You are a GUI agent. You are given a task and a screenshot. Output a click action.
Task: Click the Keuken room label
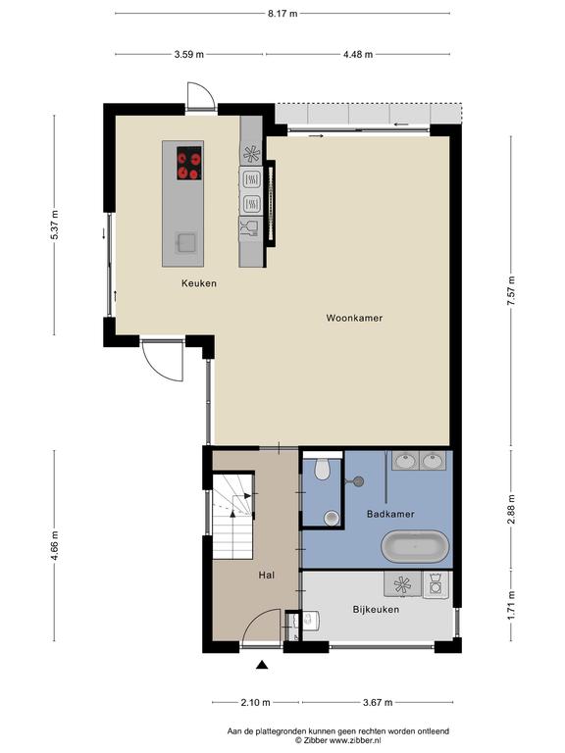[199, 283]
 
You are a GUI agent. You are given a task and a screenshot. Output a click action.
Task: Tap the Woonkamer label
[354, 318]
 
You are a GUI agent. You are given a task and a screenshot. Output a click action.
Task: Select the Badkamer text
[390, 514]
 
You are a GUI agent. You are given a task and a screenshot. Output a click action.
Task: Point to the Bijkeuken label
[376, 610]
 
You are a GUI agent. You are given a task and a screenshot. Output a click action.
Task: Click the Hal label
[266, 575]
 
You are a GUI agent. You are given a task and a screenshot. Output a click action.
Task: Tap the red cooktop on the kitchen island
[188, 163]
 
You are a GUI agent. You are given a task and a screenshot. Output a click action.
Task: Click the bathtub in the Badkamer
[415, 547]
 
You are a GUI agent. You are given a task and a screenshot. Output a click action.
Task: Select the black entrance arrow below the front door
[261, 665]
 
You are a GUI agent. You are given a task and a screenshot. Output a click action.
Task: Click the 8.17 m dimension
[282, 14]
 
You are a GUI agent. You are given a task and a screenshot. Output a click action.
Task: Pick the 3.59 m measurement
[188, 54]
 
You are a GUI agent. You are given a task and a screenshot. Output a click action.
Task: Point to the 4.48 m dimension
[358, 54]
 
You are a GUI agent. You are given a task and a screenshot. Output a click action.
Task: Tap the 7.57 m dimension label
[511, 291]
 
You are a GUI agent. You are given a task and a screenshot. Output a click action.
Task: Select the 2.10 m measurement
[255, 703]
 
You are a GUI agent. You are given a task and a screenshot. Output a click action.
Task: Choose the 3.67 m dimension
[378, 703]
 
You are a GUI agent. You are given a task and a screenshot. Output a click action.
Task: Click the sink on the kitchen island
[185, 242]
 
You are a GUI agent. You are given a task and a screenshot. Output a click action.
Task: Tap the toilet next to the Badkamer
[323, 469]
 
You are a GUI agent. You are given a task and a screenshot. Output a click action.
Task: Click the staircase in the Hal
[233, 517]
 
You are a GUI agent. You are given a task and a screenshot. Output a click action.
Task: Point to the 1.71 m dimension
[511, 606]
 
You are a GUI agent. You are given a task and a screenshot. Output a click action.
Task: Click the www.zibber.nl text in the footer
[354, 740]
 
